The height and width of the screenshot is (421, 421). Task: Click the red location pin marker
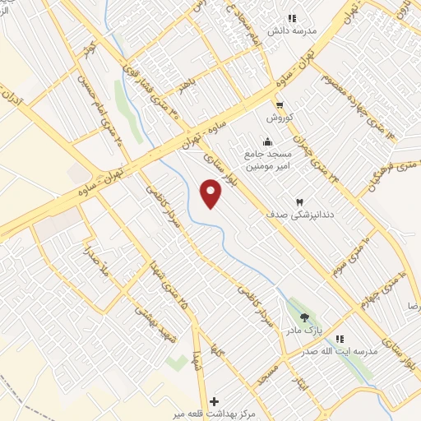[x=211, y=194]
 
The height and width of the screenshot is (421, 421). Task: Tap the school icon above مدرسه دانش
[x=292, y=18]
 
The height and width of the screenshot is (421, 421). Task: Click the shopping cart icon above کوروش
[x=280, y=104]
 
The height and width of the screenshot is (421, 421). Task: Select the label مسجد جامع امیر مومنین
[x=263, y=160]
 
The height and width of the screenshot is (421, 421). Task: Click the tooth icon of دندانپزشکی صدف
[x=299, y=201]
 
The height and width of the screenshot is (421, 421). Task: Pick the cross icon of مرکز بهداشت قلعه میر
[x=215, y=401]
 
